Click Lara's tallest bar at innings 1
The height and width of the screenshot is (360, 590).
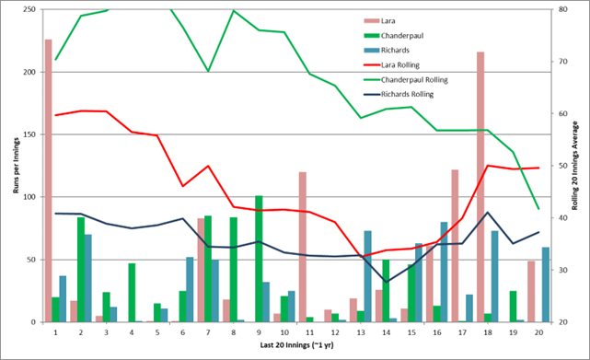coord(49,180)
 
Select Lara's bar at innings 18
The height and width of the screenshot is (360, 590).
coord(480,187)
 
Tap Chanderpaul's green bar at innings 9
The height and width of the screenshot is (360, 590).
coord(259,259)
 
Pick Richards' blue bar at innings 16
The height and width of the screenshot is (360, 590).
coord(444,273)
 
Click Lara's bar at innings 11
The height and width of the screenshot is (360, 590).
coord(303,247)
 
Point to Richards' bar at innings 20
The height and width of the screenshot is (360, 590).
coord(546,285)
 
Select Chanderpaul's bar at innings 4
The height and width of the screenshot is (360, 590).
coord(132,293)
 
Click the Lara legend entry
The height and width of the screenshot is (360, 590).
coord(379,21)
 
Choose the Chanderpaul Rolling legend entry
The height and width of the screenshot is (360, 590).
coord(406,80)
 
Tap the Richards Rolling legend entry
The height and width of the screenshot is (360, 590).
coord(399,95)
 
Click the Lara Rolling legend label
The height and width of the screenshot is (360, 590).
coord(400,65)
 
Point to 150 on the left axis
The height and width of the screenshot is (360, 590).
coord(29,134)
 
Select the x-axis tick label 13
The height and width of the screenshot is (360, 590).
coord(361,333)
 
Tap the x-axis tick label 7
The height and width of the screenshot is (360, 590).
coord(208,333)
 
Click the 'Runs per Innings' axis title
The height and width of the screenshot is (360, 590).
coord(16,166)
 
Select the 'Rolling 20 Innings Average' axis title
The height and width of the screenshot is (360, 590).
coord(574,166)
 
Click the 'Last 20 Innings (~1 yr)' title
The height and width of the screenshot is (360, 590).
coord(297,345)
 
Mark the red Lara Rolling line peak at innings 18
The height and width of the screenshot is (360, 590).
coord(488,166)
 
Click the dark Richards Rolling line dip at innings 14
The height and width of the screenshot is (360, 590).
coord(386,282)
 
